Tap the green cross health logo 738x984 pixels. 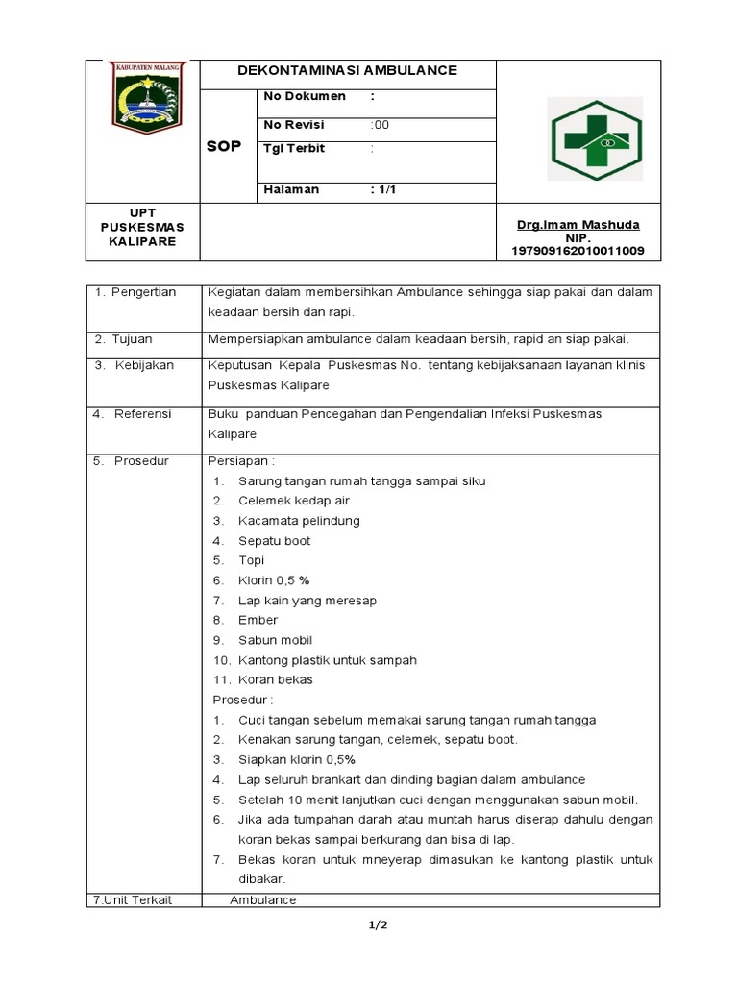pyautogui.click(x=595, y=139)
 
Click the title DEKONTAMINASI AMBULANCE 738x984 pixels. pyautogui.click(x=348, y=70)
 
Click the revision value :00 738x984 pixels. pyautogui.click(x=381, y=125)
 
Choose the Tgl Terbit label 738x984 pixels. pyautogui.click(x=295, y=148)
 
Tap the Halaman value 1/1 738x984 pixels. pyautogui.click(x=383, y=189)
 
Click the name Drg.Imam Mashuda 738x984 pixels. pyautogui.click(x=578, y=225)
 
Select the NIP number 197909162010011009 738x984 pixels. pyautogui.click(x=578, y=251)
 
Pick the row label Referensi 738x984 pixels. pyautogui.click(x=142, y=414)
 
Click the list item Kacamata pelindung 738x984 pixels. pyautogui.click(x=299, y=521)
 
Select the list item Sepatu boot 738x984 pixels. pyautogui.click(x=275, y=541)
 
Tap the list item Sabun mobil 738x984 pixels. pyautogui.click(x=275, y=640)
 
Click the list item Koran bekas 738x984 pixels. pyautogui.click(x=276, y=679)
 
